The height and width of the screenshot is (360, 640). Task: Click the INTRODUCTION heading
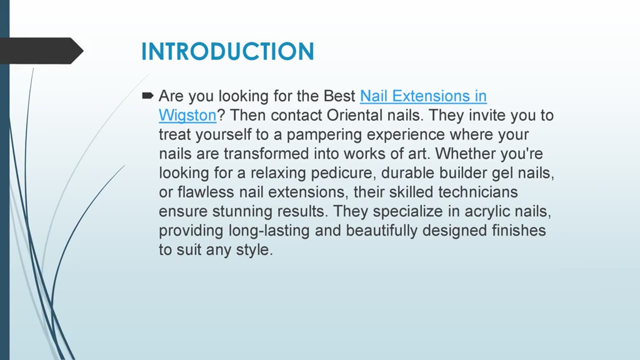pyautogui.click(x=227, y=51)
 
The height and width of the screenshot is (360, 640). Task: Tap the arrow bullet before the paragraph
pyautogui.click(x=147, y=95)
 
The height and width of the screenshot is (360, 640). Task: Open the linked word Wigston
pyautogui.click(x=187, y=115)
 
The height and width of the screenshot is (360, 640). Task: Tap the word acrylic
pyautogui.click(x=486, y=211)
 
